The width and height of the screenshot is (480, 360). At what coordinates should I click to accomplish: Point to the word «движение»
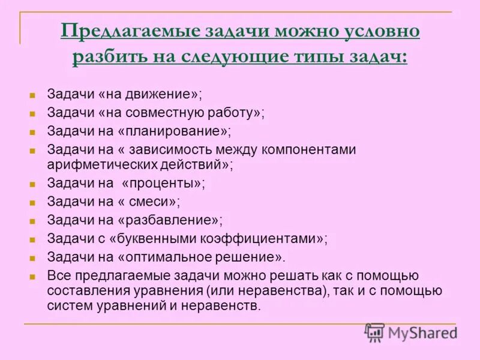161,94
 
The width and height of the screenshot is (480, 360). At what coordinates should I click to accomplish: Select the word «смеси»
158,202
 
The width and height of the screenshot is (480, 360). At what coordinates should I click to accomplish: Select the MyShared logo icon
374,332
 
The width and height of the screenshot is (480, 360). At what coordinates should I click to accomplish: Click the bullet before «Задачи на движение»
34,95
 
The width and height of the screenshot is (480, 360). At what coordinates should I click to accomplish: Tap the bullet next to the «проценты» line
34,184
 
